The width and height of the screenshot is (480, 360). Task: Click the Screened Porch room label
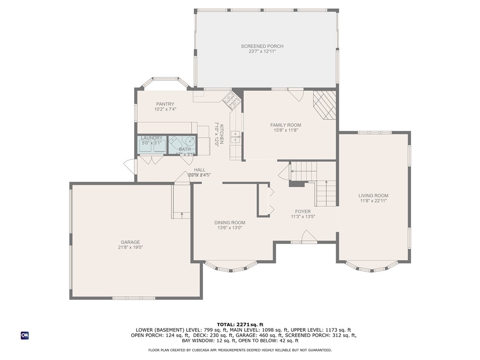tap(262, 46)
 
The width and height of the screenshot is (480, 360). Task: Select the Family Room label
tap(285, 125)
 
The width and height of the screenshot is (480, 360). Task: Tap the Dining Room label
tap(230, 223)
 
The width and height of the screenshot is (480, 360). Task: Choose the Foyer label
tap(303, 211)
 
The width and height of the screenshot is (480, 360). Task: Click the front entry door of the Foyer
tap(309, 237)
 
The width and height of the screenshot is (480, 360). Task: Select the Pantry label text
tap(165, 104)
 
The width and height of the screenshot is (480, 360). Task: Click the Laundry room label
tap(151, 138)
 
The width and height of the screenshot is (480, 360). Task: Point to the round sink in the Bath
tap(190, 141)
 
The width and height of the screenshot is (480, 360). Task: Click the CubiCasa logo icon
tap(24, 335)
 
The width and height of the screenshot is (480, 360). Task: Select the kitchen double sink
tap(235, 137)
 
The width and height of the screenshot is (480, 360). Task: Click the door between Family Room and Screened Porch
tap(295, 94)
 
